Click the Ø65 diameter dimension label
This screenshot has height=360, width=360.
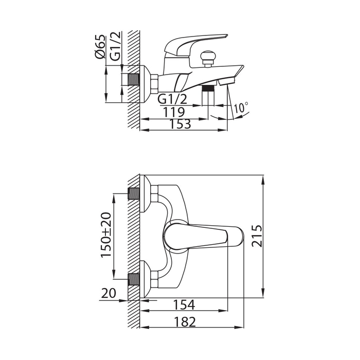tap(100, 47)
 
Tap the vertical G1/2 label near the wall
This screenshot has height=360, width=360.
tap(115, 46)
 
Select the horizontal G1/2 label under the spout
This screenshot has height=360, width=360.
tap(172, 99)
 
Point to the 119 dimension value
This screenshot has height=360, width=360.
tap(174, 112)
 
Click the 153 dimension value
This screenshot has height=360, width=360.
tap(180, 124)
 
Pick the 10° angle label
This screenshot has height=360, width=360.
tap(241, 107)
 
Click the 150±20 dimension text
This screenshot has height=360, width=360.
tap(106, 235)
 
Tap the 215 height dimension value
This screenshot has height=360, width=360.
tap(257, 236)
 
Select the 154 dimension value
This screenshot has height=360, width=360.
tap(184, 304)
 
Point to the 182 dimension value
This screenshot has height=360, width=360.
tap(185, 321)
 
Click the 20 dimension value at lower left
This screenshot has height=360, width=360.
tap(109, 293)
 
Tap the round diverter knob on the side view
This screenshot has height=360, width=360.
tap(208, 57)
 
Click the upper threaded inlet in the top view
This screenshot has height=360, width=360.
tap(134, 194)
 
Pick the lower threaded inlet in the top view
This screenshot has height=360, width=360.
tap(134, 279)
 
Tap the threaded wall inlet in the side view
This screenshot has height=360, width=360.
tap(133, 79)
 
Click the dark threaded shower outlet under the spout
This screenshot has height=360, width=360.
tap(208, 88)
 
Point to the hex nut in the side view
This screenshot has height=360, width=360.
tap(154, 83)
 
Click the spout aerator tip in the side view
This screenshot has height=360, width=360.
tap(227, 81)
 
